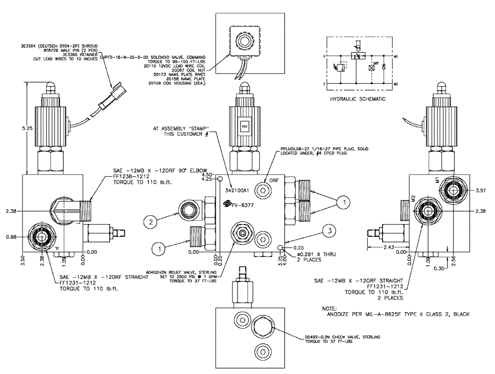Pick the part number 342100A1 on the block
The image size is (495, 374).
236,189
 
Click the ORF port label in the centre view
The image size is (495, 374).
274,180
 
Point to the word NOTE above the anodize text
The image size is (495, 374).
329,307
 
